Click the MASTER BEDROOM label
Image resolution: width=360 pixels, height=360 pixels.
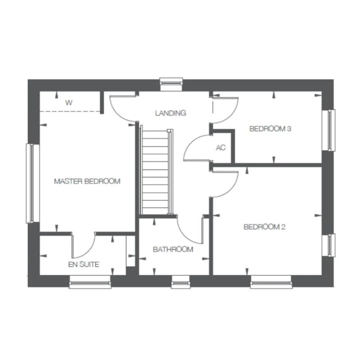pos(87,181)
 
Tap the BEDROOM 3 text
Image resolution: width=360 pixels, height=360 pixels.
pos(270,129)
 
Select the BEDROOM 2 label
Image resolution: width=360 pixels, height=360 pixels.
pos(265,227)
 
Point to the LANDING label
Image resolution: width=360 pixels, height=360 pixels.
pos(171,113)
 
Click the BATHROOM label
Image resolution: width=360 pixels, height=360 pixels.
pos(173,249)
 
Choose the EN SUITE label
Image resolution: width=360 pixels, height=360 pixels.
pos(84,265)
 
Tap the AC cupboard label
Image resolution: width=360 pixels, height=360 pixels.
pos(221,148)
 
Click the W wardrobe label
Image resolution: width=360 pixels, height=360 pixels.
pos(69,103)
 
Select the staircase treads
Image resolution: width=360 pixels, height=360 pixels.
pos(156,172)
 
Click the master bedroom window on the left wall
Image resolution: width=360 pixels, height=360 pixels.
pos(32,184)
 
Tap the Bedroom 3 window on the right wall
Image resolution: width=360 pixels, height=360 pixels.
pos(328,130)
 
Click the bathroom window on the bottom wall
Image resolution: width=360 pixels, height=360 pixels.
pos(181,282)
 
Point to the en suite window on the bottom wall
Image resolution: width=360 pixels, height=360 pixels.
pos(90,282)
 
